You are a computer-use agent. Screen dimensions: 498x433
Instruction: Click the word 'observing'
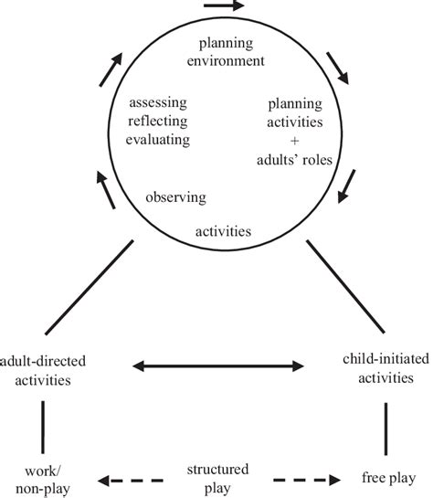click(x=174, y=196)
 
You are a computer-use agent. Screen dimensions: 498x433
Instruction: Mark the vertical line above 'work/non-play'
click(x=43, y=423)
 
